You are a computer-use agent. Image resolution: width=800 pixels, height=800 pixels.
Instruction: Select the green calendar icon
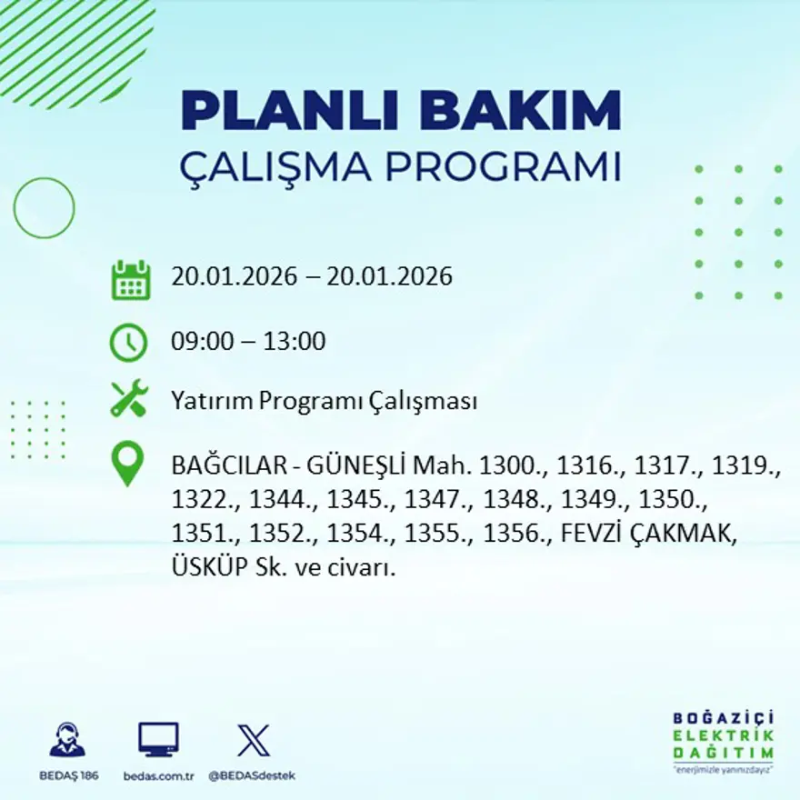point(130,280)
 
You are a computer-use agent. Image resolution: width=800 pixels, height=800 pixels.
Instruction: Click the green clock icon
point(128,343)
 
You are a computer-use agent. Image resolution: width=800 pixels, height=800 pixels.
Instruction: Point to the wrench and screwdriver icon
point(129,399)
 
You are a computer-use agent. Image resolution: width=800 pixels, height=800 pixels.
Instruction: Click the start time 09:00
point(202,343)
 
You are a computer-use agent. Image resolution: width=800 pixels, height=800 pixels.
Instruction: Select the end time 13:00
point(295,343)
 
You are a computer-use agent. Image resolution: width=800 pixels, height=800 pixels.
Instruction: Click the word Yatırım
point(211,401)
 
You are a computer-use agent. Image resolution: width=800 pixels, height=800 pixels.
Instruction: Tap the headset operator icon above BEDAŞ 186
point(68,740)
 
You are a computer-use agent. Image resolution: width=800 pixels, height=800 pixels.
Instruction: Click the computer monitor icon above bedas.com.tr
point(158,740)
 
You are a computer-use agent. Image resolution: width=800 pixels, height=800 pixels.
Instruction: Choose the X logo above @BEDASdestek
point(253,740)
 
